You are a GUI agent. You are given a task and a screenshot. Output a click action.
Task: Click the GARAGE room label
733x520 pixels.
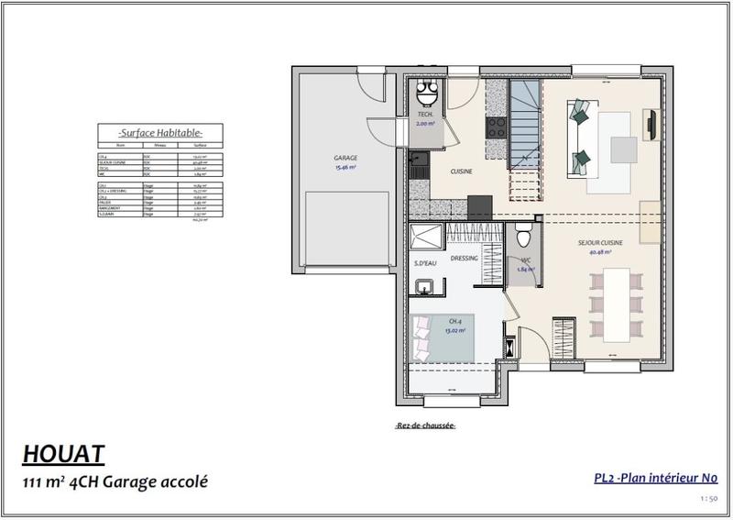tap(345, 158)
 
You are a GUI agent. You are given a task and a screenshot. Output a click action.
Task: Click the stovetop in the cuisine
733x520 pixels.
tap(497, 127)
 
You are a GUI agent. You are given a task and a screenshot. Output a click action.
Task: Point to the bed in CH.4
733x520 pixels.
tap(444, 337)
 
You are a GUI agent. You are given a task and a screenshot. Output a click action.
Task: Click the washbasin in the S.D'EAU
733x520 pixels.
tap(424, 289)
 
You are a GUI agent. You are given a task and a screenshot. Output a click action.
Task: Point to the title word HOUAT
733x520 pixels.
tap(63, 453)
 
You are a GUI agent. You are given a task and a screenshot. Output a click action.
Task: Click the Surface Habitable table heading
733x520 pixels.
tap(150, 132)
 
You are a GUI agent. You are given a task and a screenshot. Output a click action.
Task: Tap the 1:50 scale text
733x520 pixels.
tap(706, 499)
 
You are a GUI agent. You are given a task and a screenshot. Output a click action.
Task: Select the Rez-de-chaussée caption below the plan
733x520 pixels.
tap(425, 426)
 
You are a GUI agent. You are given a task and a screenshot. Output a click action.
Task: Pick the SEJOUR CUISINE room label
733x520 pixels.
tap(600, 243)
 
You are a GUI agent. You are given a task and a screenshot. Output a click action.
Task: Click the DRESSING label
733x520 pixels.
tap(465, 259)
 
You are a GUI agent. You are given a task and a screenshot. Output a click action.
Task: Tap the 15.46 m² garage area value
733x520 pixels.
tap(345, 167)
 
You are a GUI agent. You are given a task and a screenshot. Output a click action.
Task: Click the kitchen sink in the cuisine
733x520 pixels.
tap(419, 168)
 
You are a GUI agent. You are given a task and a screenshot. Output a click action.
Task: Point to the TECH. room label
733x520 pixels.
tap(424, 114)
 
